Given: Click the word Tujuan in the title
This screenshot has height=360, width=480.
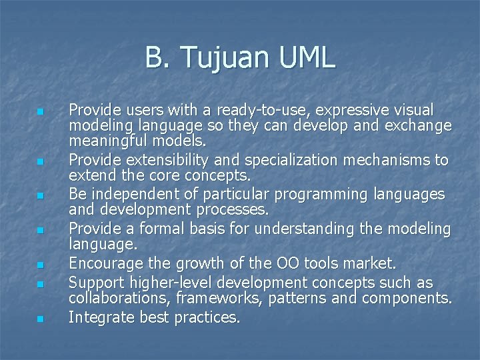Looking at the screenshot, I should [x=223, y=59].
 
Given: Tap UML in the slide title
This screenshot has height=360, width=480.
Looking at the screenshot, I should [x=304, y=59].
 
